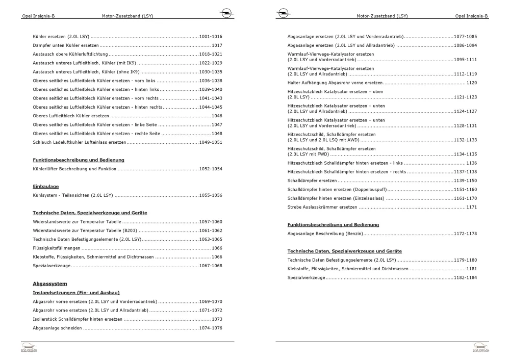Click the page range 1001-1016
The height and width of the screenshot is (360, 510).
coord(211,37)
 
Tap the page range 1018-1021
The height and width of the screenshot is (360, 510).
coord(211,55)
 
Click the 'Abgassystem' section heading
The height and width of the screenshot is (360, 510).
coord(50,283)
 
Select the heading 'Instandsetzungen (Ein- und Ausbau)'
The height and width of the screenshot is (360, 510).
coord(76,293)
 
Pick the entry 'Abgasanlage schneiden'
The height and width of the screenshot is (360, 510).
coord(58,328)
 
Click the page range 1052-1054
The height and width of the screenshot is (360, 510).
coord(211,169)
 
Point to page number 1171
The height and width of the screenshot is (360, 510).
coord(471,207)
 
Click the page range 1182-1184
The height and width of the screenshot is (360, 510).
coord(465,277)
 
